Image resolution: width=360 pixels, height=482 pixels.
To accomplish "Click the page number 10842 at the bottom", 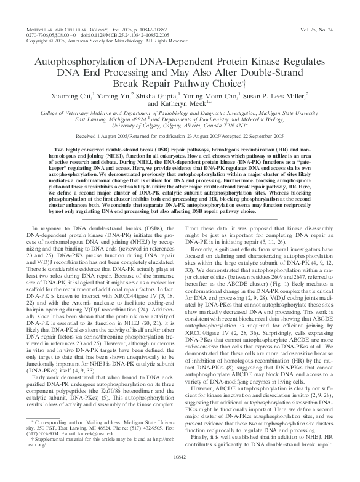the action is click(x=180, y=474).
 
